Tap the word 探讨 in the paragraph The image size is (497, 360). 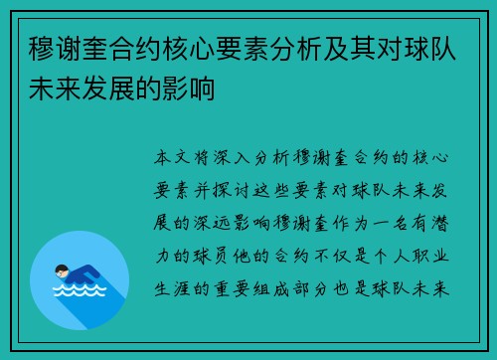256,191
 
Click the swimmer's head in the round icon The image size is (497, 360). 62,269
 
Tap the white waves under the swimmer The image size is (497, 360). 79,292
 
